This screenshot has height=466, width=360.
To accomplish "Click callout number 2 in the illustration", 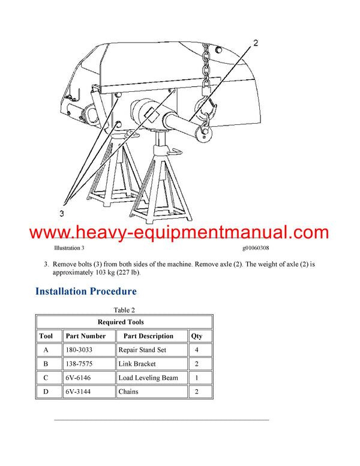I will coord(255,43).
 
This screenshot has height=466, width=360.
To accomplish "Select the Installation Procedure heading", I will coord(86,291).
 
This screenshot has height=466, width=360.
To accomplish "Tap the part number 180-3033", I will coord(79,349).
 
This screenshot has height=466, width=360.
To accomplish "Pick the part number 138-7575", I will coord(79,364).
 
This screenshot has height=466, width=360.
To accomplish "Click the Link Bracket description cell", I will coord(137,364).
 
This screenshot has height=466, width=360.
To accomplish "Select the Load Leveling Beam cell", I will coord(148,378).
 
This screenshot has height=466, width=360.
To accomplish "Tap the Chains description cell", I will coord(128,392).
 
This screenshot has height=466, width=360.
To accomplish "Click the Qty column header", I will coord(196,336).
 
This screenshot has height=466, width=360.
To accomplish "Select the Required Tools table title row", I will coord(124,322).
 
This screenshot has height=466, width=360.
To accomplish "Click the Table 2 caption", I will coord(124,310).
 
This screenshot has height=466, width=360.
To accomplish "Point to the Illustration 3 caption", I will coord(69,247).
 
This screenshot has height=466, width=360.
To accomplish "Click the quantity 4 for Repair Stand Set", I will coord(200,349).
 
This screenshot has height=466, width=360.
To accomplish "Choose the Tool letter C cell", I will coord(46,378).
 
